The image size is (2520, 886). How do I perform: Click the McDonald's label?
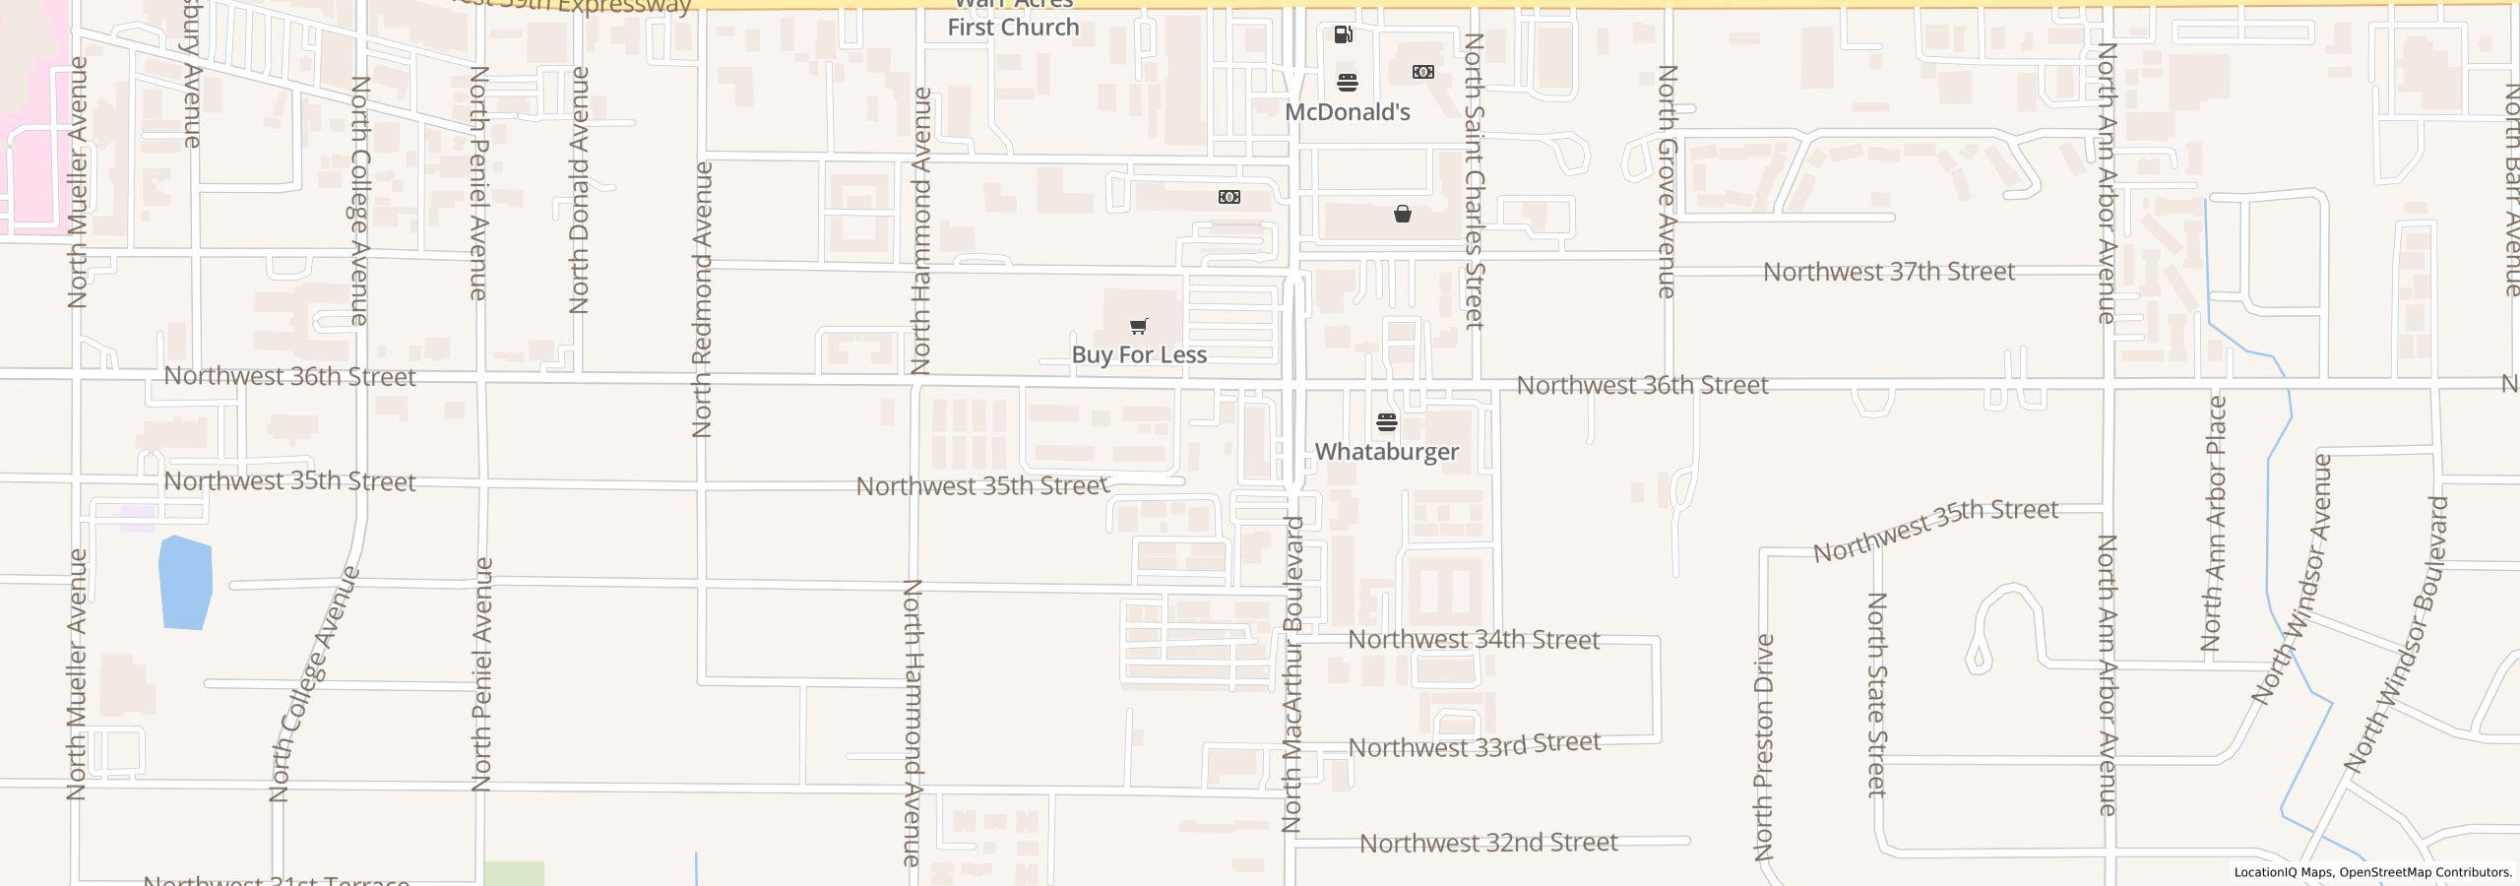1347,112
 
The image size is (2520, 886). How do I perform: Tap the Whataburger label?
1386,452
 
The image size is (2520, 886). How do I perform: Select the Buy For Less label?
1139,354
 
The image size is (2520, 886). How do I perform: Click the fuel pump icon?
1343,35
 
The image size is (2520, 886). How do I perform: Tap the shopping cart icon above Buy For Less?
1138,326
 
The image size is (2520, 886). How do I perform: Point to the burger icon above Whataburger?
1387,423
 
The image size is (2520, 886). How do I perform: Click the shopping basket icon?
1402,214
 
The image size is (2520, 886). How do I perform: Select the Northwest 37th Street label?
1888,272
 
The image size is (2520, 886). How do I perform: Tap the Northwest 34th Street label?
1473,640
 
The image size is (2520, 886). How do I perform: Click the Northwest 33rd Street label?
1474,745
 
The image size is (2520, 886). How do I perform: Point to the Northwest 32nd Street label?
1488,843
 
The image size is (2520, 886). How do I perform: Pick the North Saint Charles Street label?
1474,181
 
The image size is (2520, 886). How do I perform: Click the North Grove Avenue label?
1667,181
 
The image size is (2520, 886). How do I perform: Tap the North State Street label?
1877,694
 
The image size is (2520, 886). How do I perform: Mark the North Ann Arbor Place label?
2213,523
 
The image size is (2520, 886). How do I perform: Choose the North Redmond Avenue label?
702,299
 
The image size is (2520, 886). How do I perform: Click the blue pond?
185,583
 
